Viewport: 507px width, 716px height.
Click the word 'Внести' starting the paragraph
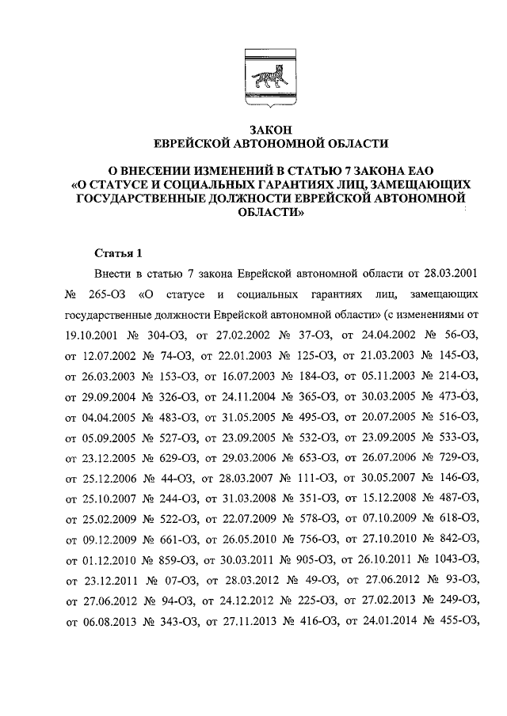click(x=113, y=274)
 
